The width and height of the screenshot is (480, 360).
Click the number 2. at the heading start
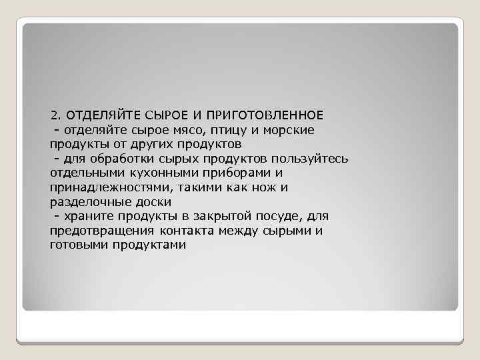[x=55, y=114]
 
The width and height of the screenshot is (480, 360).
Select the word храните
[x=91, y=216]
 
